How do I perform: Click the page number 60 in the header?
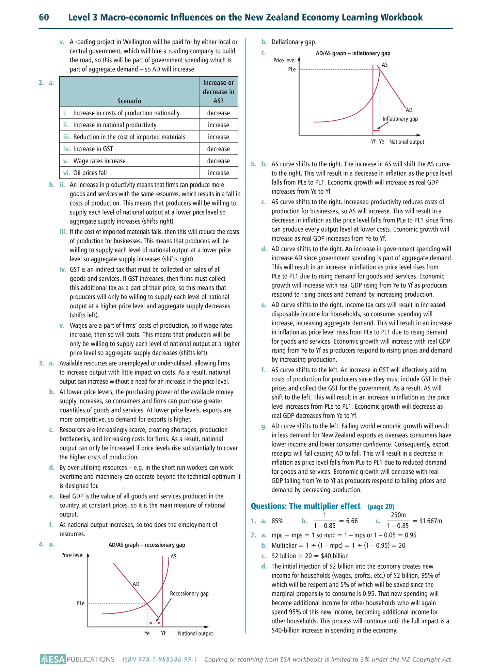click(44, 17)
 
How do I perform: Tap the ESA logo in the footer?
click(52, 659)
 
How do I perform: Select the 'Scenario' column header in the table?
click(129, 101)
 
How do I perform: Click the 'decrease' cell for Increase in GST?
click(218, 149)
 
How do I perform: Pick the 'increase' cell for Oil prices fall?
click(218, 173)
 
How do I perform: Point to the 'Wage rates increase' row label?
click(99, 161)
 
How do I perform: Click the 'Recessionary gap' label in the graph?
click(189, 593)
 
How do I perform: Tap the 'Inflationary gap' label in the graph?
click(400, 119)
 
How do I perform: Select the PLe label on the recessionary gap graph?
click(81, 603)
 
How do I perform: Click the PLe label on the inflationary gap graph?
click(292, 69)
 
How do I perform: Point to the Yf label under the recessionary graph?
click(163, 633)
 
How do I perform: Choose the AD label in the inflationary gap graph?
click(409, 110)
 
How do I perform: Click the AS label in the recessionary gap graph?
click(173, 557)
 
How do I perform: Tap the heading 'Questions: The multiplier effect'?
click(305, 506)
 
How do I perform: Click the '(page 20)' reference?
click(381, 507)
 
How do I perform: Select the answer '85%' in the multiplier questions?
click(277, 521)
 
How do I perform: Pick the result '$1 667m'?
click(430, 521)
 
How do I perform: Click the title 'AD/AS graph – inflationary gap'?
click(353, 53)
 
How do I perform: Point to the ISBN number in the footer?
click(160, 659)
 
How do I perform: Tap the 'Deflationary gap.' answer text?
click(294, 42)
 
